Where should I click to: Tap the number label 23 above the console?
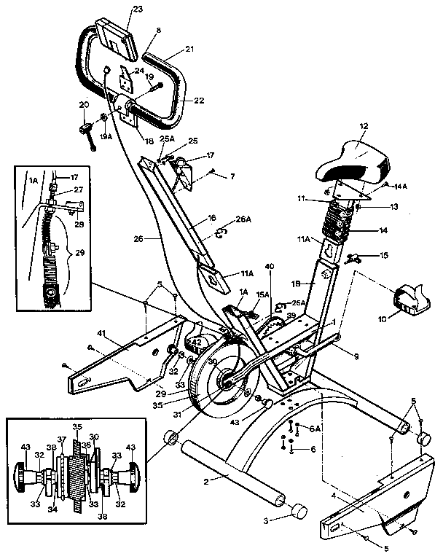[117, 10]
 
